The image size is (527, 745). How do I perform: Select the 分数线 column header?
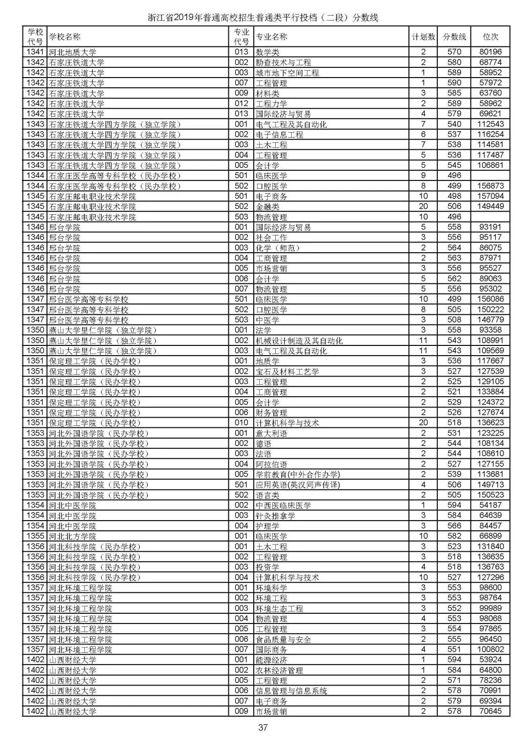click(x=454, y=37)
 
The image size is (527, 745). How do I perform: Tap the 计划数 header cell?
click(x=423, y=37)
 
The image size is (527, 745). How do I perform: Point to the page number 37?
click(x=263, y=728)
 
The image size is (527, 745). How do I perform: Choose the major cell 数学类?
click(x=268, y=52)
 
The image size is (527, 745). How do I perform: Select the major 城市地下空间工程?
click(x=287, y=73)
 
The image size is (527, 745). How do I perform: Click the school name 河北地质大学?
click(x=72, y=52)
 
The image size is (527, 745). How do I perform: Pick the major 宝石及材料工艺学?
click(x=287, y=372)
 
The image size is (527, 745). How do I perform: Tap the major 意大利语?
click(x=272, y=433)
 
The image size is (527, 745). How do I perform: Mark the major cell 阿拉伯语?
click(x=272, y=464)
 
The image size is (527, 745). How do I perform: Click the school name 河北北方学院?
click(x=72, y=536)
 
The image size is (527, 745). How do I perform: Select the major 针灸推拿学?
click(x=276, y=516)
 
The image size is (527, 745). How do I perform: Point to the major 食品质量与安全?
click(x=284, y=639)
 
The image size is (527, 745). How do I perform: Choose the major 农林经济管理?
click(x=280, y=670)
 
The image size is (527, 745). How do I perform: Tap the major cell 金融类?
click(x=268, y=207)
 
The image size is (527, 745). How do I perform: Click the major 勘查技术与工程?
click(x=284, y=62)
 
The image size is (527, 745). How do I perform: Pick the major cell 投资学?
click(x=268, y=567)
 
